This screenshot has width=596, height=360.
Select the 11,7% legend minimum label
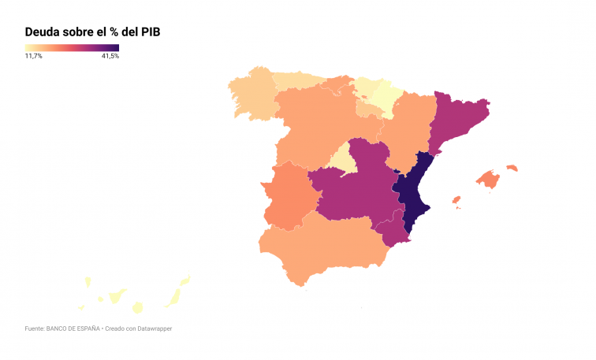34,57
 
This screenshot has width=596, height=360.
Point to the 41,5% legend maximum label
110,57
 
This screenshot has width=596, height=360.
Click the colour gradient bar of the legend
72,47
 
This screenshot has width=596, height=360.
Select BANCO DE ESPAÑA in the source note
73,328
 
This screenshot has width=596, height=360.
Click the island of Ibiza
456,200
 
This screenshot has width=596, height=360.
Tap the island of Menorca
512,168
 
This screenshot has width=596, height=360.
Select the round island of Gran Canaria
137,307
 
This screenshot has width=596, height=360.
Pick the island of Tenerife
117,296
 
